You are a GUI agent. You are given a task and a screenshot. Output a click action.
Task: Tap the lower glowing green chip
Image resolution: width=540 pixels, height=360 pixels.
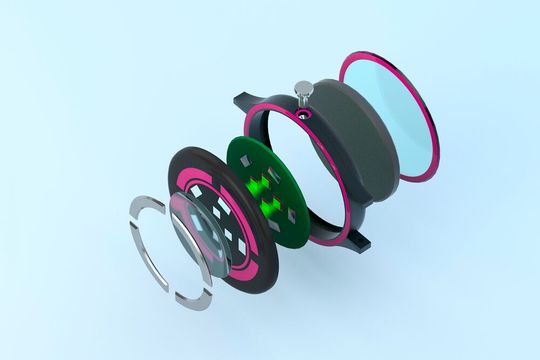click(271, 209)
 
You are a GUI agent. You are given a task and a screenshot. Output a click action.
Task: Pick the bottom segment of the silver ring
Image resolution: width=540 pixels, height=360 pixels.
click(194, 299)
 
